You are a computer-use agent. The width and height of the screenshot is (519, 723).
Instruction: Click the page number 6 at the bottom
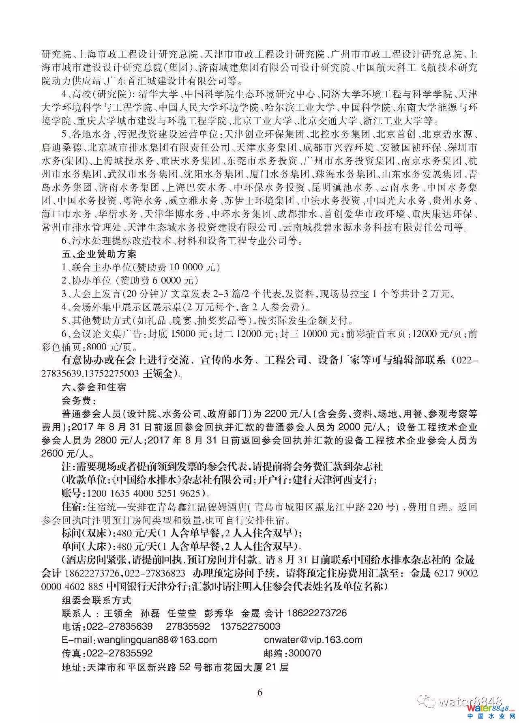pos(260,692)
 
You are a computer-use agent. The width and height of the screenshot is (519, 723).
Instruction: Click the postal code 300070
pos(304,653)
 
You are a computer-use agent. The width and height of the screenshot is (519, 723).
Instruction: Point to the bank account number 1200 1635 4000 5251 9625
pos(142,493)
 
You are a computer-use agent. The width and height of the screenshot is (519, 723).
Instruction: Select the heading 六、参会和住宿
pos(94,387)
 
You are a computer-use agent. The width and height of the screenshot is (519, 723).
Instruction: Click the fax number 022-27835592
pos(118,653)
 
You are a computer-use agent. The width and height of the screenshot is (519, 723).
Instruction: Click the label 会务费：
pos(78,400)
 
